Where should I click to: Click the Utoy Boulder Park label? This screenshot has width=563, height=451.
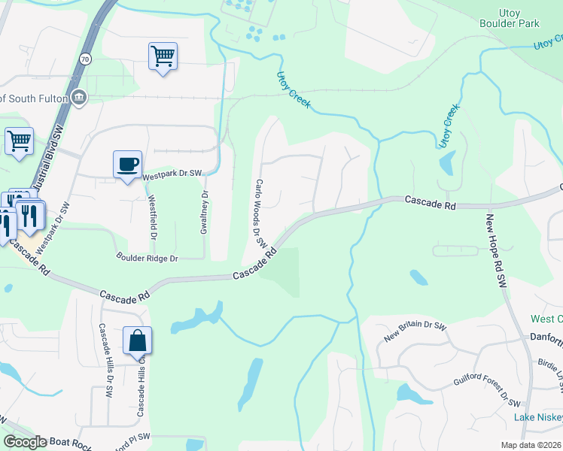(509, 18)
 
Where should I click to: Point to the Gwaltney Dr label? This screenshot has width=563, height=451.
(203, 212)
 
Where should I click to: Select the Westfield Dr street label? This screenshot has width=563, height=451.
(153, 216)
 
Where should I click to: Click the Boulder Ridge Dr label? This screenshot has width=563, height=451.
(147, 258)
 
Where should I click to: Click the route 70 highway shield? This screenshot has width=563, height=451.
(85, 59)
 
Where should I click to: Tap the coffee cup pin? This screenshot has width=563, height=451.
(127, 164)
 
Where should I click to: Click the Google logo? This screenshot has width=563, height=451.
(25, 442)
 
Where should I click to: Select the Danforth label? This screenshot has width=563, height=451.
(546, 338)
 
